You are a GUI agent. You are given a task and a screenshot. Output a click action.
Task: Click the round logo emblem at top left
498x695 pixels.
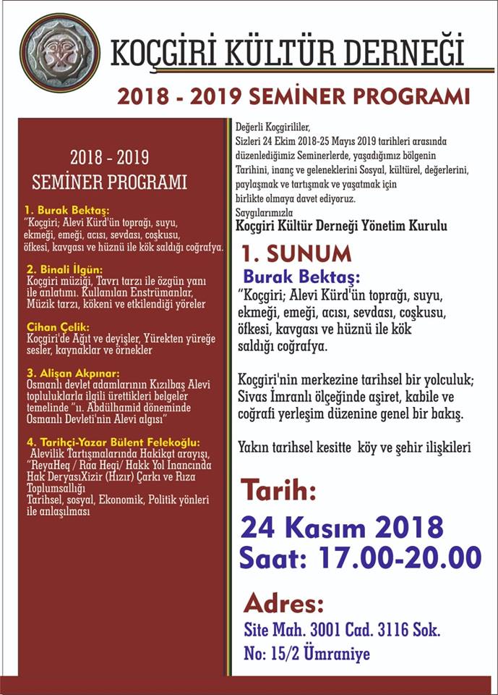[x=59, y=52]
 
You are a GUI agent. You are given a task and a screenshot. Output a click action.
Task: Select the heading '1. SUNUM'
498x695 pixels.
[x=296, y=253]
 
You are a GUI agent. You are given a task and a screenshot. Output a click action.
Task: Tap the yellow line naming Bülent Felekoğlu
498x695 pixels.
[x=113, y=442]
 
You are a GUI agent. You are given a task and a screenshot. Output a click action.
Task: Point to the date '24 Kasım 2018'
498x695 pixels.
[x=341, y=526]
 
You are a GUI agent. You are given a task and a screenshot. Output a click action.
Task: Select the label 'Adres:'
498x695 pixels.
[x=283, y=602]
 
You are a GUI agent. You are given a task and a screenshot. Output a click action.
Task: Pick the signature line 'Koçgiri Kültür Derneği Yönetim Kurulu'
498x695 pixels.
[x=342, y=226]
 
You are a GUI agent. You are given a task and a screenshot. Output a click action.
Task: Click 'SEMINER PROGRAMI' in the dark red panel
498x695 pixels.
[x=110, y=181]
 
